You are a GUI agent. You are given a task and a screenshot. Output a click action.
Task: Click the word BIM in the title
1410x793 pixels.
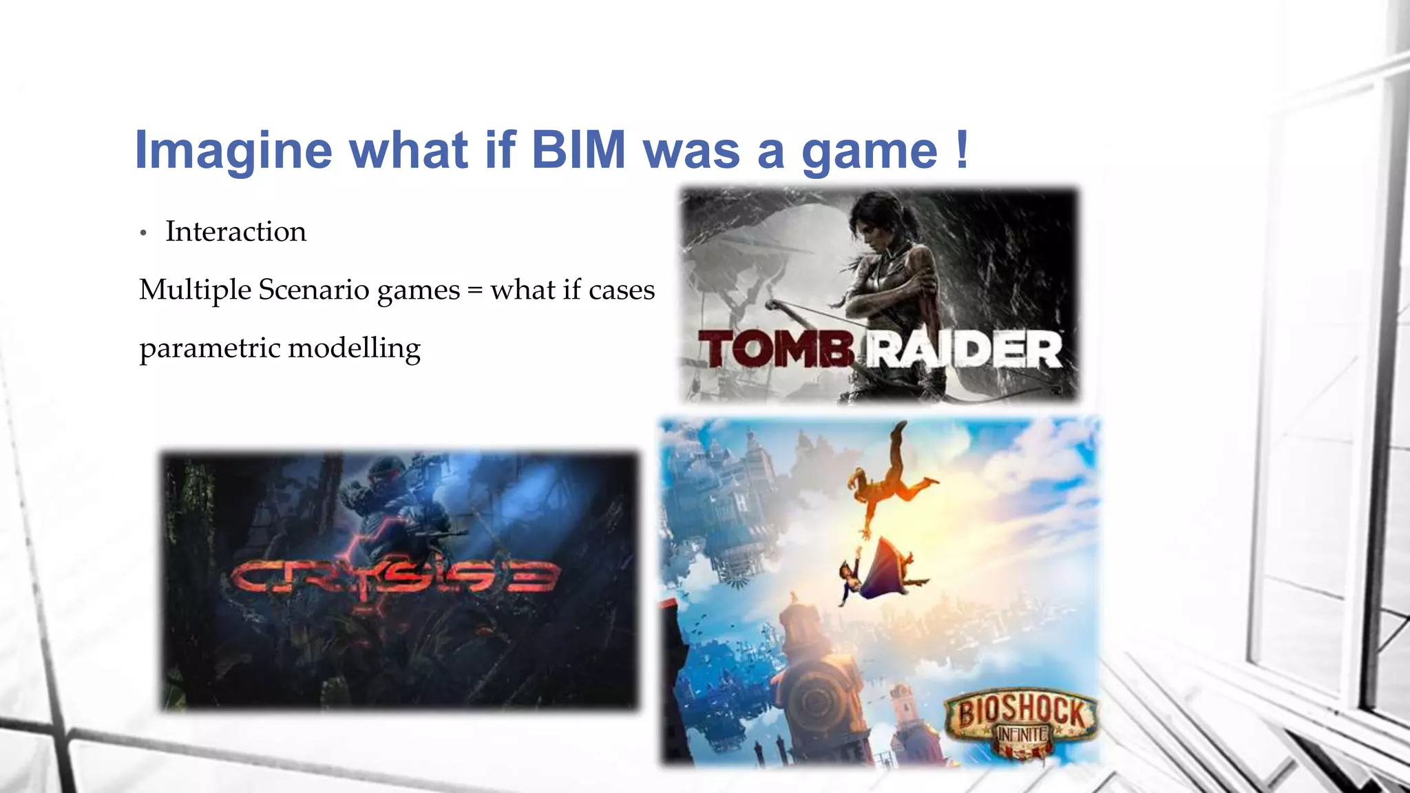click(x=578, y=149)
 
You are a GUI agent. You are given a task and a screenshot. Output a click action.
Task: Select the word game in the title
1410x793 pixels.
click(x=869, y=151)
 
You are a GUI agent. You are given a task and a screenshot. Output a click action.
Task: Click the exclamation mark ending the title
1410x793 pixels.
click(x=962, y=148)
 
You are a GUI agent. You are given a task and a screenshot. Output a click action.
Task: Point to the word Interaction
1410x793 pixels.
click(x=235, y=231)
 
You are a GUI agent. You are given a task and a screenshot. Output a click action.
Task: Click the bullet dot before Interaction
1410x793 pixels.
click(x=143, y=233)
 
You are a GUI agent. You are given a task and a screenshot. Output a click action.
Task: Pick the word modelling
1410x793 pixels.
click(x=354, y=348)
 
